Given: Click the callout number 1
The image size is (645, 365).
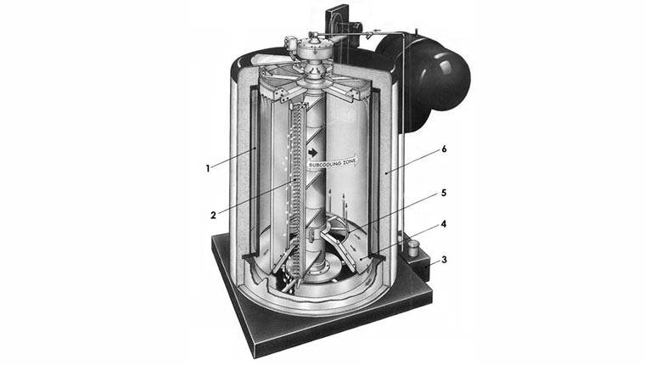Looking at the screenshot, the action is tap(208, 168).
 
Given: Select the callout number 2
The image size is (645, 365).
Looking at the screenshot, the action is tap(213, 216).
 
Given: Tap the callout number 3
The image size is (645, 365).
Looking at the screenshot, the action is tap(444, 260).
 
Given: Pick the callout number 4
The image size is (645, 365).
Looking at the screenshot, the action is tap(443, 224).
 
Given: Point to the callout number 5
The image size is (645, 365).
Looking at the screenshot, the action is tap(443, 193).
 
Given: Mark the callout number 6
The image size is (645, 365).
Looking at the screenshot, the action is tap(444, 149).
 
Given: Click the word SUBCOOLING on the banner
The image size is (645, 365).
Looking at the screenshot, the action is tap(325, 164).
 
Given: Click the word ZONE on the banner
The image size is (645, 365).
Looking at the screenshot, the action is tap(350, 160).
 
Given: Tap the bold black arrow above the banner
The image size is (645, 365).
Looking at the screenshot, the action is tap(313, 153).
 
